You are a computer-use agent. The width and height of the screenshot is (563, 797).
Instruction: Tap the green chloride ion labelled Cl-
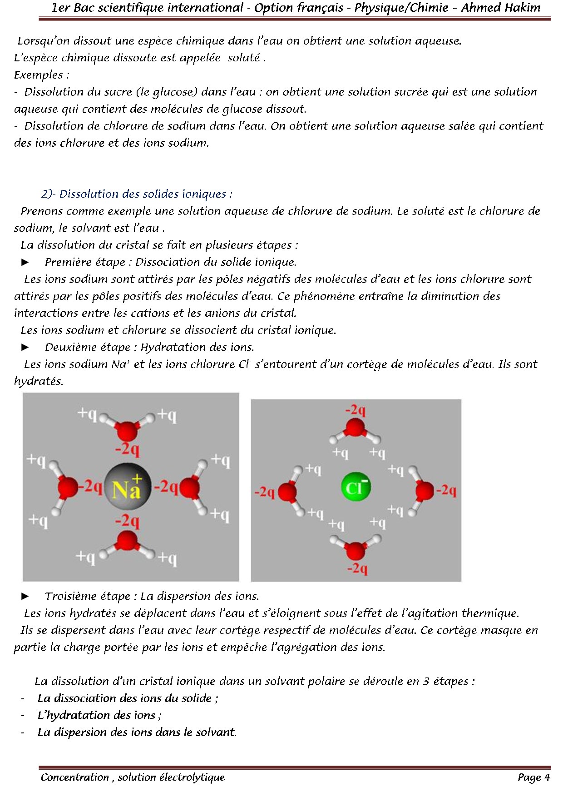click(x=356, y=487)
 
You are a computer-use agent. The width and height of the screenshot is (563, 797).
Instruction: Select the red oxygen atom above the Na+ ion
click(x=127, y=430)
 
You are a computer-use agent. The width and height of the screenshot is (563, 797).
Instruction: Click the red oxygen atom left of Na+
click(x=68, y=488)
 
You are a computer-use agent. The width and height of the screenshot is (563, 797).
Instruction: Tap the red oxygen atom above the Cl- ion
click(x=355, y=428)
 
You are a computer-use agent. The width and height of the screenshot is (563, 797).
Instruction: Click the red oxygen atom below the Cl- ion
click(x=355, y=550)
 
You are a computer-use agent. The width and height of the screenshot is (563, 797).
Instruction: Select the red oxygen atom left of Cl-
click(x=287, y=492)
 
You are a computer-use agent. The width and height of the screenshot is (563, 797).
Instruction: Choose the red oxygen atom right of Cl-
click(x=425, y=491)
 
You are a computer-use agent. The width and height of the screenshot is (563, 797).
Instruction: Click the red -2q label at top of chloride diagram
click(x=355, y=410)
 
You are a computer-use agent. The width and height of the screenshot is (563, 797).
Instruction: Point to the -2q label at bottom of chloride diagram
click(x=357, y=568)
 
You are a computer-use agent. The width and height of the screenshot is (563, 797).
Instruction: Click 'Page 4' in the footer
click(x=533, y=777)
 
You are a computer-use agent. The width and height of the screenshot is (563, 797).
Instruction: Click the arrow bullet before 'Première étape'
click(x=25, y=262)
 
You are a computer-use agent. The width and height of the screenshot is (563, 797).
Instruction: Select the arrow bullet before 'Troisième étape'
click(x=25, y=596)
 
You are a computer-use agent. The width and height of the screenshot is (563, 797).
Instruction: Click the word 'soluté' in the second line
click(x=244, y=58)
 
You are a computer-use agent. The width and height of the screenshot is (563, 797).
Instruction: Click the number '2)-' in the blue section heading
click(x=48, y=194)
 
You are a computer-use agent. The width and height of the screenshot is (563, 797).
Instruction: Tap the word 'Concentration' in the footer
click(x=75, y=777)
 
